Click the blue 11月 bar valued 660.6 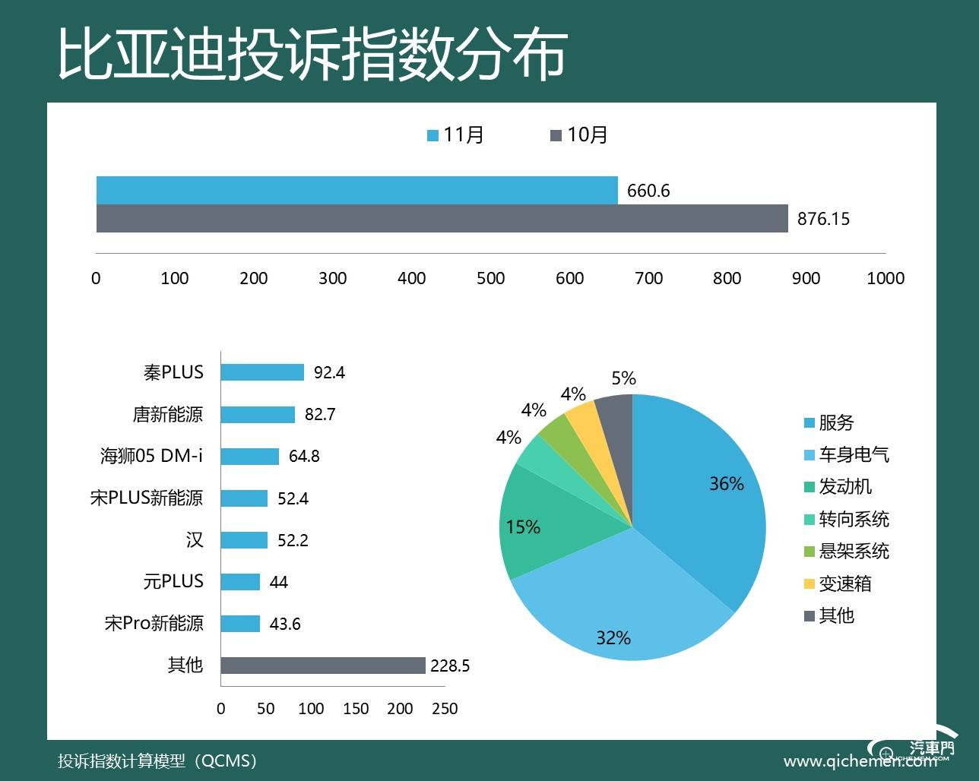[x=357, y=190]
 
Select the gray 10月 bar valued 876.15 [x=442, y=218]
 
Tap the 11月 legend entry [x=456, y=135]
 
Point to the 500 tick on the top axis [x=490, y=278]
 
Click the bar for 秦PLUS [x=262, y=372]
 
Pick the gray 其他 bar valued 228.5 [x=323, y=666]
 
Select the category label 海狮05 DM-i [x=152, y=456]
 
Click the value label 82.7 [x=320, y=415]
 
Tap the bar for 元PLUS [x=240, y=582]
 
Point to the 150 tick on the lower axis [x=355, y=709]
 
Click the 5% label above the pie [x=623, y=378]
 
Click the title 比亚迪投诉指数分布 [x=312, y=55]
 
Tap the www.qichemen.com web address [x=859, y=761]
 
